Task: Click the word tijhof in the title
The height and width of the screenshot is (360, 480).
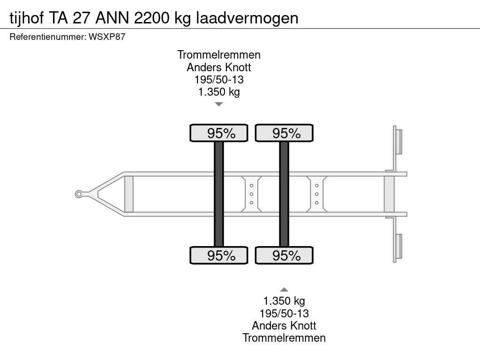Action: pos(27,18)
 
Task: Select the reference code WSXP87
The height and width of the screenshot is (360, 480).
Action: pos(107,37)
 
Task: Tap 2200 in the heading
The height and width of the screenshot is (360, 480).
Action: pos(151,18)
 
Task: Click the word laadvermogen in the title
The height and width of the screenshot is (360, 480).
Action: pos(247,19)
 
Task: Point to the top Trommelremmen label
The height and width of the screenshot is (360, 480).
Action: pos(219,55)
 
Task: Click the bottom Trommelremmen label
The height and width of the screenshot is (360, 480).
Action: pos(284,338)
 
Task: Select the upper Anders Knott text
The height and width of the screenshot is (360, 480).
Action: pos(219,67)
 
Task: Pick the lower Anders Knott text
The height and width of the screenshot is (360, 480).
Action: pos(284,325)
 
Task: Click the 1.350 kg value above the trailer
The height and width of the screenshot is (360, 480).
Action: pos(219,92)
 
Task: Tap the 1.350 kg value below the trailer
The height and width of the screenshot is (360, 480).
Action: pos(284,301)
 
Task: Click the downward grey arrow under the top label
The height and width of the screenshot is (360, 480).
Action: pos(218,104)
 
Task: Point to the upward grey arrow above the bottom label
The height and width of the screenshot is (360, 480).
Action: pos(284,290)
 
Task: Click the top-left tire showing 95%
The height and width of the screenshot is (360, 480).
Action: pos(218,133)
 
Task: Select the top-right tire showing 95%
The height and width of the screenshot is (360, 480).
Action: pos(284,133)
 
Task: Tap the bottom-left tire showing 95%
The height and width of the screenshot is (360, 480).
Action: pos(218,255)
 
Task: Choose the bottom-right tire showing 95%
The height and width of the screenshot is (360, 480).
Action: pos(284,255)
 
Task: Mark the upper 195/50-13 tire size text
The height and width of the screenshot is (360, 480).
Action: pos(219,80)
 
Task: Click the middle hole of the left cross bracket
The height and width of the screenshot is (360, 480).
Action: pos(252,194)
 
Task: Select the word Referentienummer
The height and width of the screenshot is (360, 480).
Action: pos(48,37)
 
